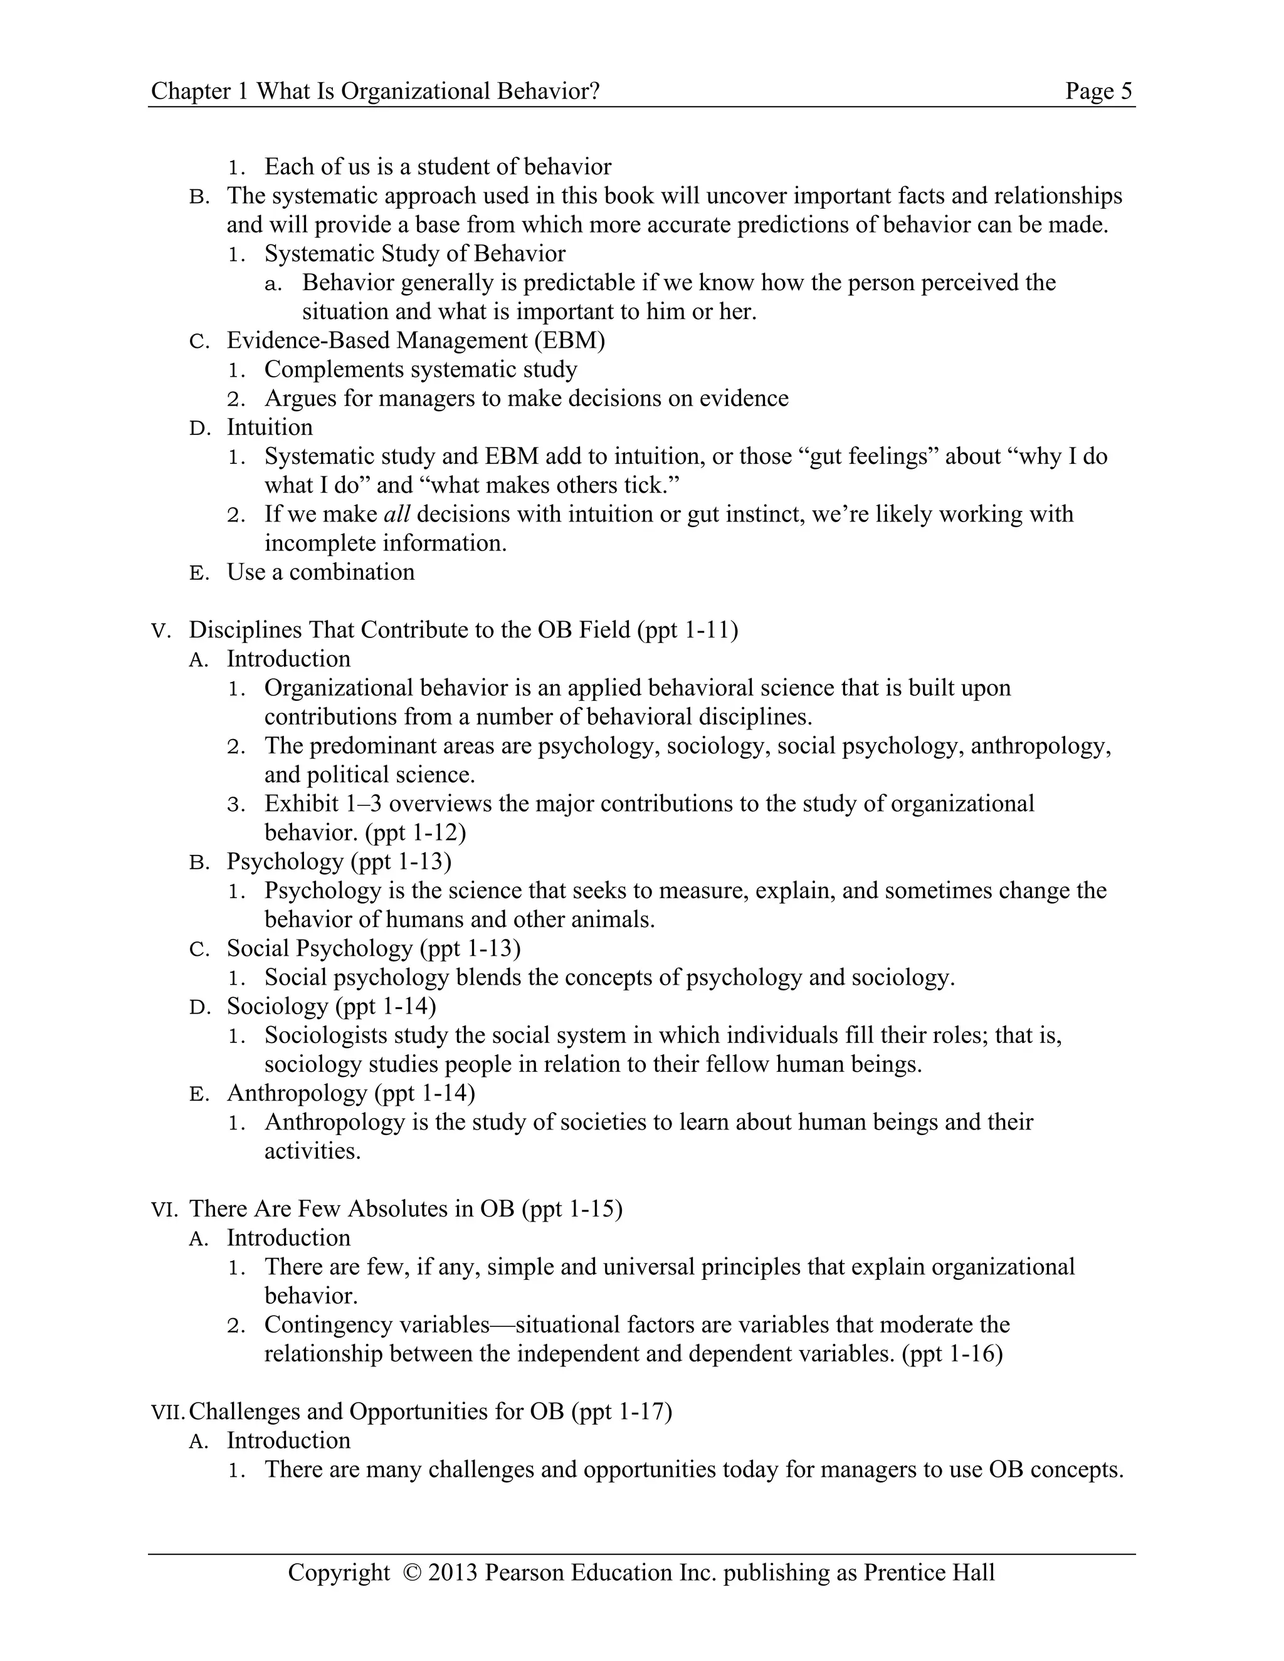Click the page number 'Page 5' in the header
pos(1098,92)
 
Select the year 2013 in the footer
pos(453,1572)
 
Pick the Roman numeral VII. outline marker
pos(168,1413)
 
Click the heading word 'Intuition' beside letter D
pos(269,427)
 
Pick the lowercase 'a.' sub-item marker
pos(273,285)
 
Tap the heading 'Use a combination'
pos(320,572)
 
